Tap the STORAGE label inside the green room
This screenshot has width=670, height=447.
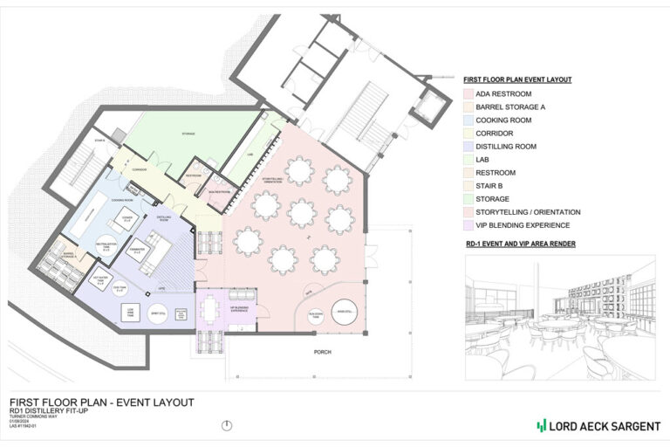tap(188, 134)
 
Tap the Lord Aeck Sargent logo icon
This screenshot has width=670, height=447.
tap(542, 425)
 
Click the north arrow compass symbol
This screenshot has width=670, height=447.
tap(228, 425)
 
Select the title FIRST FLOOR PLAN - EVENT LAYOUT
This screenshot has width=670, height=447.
tap(101, 402)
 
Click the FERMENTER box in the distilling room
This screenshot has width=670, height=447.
tap(137, 254)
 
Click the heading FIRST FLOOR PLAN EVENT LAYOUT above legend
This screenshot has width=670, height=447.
tap(517, 79)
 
